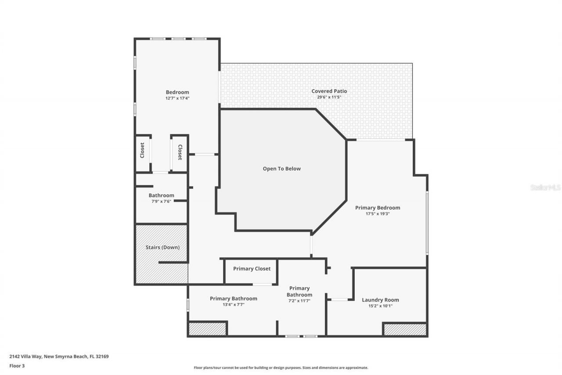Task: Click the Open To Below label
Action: [x=281, y=168]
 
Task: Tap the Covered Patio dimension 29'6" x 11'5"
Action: [x=329, y=97]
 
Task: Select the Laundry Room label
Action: [x=380, y=300]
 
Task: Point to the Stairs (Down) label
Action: [x=162, y=247]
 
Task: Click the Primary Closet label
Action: [x=252, y=269]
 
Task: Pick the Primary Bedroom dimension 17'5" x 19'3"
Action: [x=377, y=214]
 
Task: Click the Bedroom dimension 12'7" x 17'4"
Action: [x=177, y=98]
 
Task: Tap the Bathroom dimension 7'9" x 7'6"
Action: [x=161, y=201]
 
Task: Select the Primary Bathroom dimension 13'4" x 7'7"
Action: [x=233, y=304]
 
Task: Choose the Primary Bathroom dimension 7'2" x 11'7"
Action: [x=299, y=301]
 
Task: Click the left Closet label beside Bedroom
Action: [x=142, y=150]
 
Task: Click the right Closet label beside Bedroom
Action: [x=180, y=152]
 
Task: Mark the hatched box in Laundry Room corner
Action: [x=404, y=329]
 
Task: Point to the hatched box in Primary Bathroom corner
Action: [x=207, y=329]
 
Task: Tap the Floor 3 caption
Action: [x=17, y=365]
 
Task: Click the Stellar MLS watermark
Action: [x=545, y=187]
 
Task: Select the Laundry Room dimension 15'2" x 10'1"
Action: [x=380, y=306]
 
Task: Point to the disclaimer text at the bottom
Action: [x=281, y=368]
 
